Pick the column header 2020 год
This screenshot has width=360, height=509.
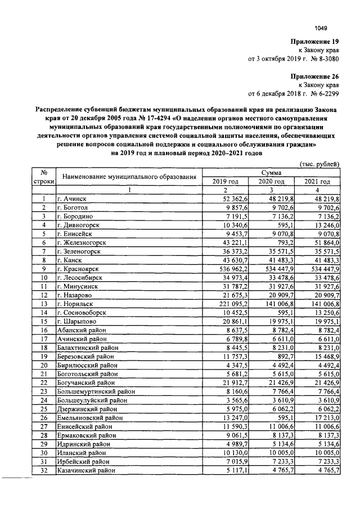272,181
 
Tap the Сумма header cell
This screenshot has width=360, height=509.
272,173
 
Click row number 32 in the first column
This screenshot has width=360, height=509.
43,470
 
